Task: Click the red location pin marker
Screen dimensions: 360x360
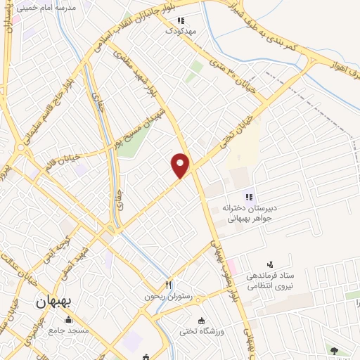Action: [181, 165]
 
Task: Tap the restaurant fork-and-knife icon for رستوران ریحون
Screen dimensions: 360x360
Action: [168, 284]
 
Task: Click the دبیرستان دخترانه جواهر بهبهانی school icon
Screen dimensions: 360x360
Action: [247, 197]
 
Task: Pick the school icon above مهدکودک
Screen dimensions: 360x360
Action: [181, 20]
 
